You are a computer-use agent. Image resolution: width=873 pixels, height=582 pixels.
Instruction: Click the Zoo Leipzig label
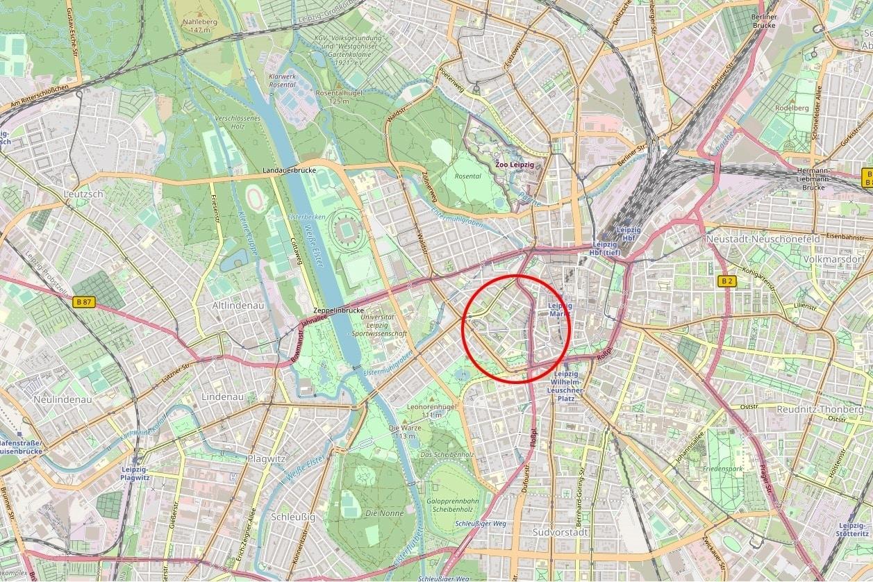coord(515,165)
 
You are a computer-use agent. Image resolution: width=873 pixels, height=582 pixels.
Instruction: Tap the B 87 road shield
coord(83,302)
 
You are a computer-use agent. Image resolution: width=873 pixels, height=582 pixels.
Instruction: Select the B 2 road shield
coord(726,281)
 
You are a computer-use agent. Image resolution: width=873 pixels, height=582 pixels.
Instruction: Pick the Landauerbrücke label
coord(290,170)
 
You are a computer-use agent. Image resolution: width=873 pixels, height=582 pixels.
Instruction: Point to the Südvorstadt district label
coord(560,532)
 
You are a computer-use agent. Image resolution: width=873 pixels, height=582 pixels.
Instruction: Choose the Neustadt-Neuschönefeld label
coord(763,239)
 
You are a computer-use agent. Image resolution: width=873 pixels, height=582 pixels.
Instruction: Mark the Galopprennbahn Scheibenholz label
coord(453,505)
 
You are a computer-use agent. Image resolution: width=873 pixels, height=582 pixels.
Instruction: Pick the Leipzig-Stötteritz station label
coord(853,529)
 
